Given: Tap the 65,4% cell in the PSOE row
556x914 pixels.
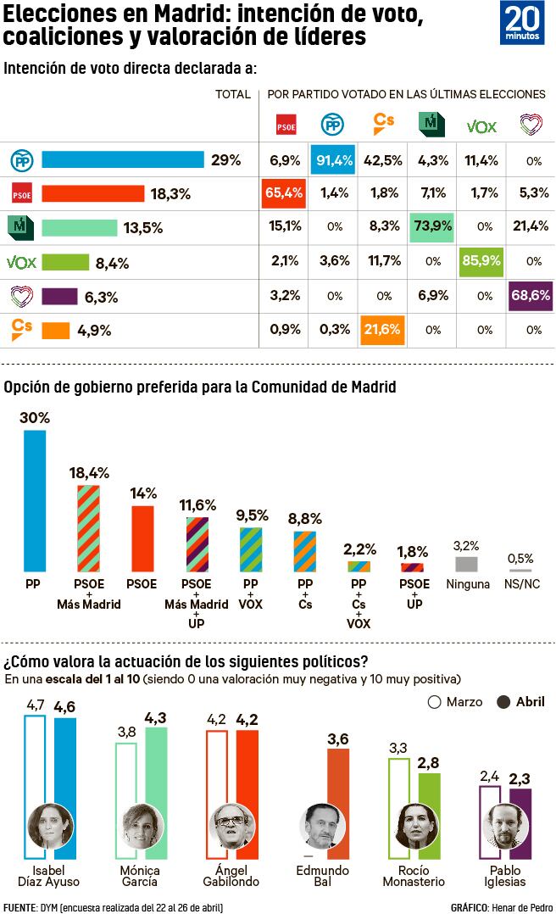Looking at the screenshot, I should coord(282,194).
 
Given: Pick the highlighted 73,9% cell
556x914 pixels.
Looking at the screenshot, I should coord(431,228).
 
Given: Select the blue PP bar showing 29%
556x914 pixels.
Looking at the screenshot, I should coord(123,160).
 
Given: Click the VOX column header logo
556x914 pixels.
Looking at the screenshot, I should coord(481,126).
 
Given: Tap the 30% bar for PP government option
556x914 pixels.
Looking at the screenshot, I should coord(35,500).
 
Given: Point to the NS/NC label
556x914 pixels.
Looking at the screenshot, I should coord(520,585).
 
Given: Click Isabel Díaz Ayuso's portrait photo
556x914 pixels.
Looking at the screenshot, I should coord(48,826).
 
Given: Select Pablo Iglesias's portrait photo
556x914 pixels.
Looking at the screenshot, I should coord(501,826).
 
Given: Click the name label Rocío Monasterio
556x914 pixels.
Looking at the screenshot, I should coord(420,876).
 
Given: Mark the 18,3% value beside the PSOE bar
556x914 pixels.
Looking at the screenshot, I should coord(170,194).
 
